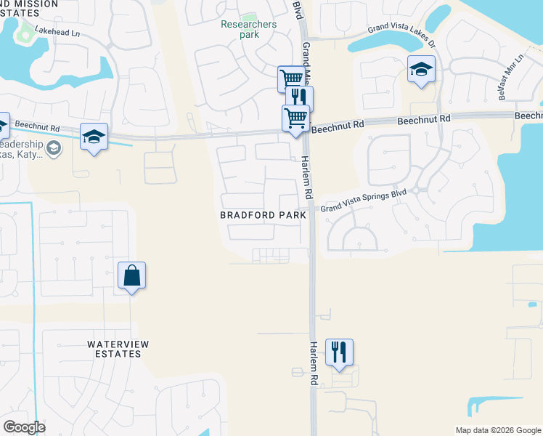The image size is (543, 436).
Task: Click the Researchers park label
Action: tap(248, 29)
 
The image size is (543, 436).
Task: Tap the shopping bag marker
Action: tap(131, 276)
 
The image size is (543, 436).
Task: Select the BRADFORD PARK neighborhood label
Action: tap(264, 215)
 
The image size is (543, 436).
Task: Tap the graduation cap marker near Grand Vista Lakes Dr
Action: tap(420, 70)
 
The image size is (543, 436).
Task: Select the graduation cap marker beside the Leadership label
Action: tap(94, 137)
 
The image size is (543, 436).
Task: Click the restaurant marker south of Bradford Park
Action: tap(339, 352)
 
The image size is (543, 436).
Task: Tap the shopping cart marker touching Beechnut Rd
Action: tap(295, 118)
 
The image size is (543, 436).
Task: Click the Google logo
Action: tap(24, 427)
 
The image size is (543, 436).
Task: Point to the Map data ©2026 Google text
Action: tap(498, 430)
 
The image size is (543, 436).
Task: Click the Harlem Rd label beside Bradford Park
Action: tap(307, 178)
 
